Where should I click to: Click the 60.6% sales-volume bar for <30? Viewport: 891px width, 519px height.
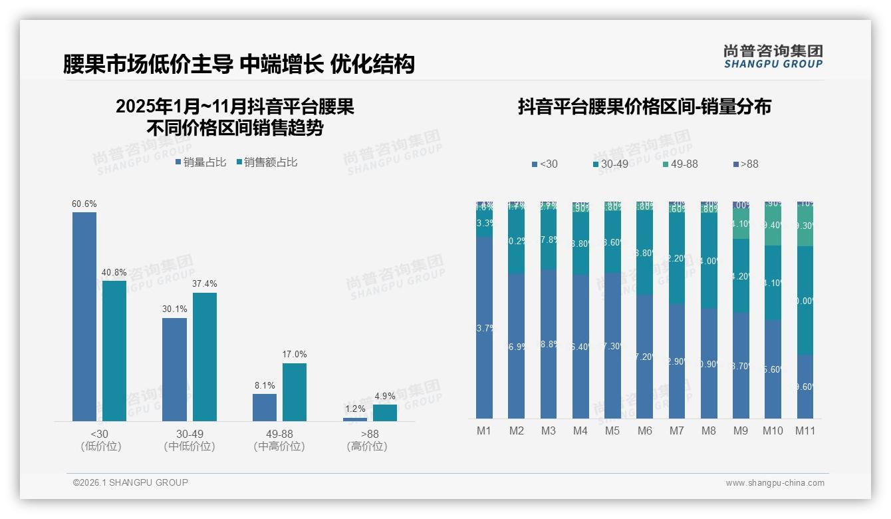click(84, 316)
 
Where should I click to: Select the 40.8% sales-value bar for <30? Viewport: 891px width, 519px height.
click(114, 351)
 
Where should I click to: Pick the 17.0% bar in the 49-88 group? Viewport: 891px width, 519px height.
click(295, 392)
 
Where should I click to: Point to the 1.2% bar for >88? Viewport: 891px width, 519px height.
click(355, 419)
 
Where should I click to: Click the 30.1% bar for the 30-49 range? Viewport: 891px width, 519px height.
click(174, 369)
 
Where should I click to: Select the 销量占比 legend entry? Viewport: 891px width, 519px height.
click(201, 162)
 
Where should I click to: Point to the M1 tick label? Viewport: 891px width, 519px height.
click(484, 431)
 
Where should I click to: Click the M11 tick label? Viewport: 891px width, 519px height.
click(805, 431)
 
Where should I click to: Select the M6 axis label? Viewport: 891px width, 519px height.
click(644, 431)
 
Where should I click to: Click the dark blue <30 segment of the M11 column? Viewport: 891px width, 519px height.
click(805, 386)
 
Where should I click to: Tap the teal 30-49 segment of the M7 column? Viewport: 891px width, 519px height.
click(677, 258)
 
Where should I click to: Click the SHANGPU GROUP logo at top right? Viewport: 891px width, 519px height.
click(773, 57)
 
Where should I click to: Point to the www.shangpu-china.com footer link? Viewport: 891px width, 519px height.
click(775, 483)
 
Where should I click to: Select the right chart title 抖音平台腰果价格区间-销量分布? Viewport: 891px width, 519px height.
click(644, 107)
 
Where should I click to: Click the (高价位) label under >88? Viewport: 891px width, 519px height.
click(367, 446)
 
